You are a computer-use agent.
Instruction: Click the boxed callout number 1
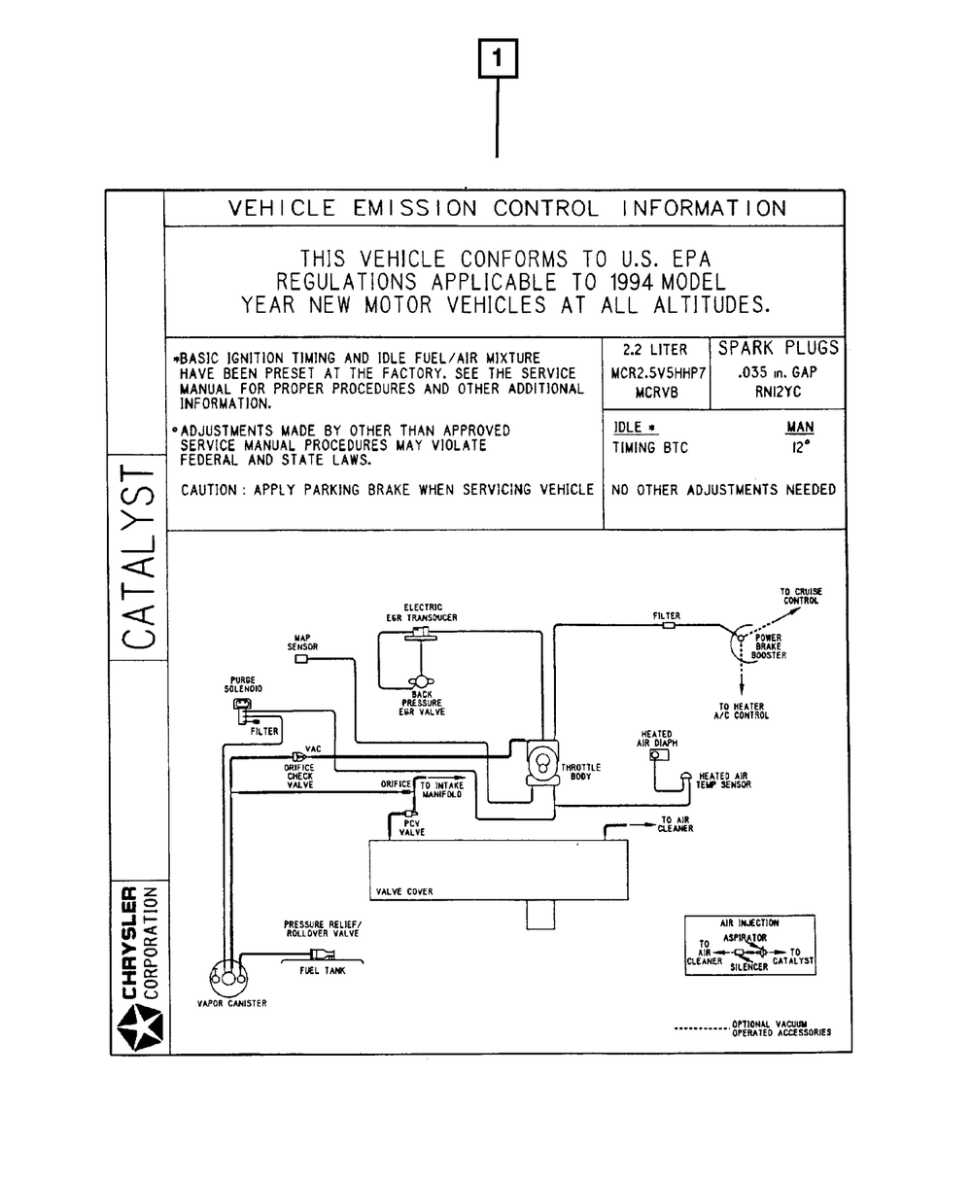[x=499, y=59]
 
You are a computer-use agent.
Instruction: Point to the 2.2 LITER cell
[x=655, y=350]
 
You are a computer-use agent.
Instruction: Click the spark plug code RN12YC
[x=777, y=393]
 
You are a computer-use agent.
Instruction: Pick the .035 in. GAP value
[x=778, y=372]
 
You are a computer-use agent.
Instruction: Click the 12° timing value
[x=800, y=449]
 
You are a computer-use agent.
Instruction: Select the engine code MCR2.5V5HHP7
[x=657, y=372]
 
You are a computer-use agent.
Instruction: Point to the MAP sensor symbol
[x=301, y=659]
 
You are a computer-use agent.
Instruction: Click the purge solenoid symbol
[x=242, y=704]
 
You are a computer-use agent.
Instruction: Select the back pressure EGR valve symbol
[x=422, y=680]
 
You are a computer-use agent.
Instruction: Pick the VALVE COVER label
[x=404, y=891]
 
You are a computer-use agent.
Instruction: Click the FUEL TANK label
[x=321, y=970]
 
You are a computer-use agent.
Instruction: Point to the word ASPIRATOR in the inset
[x=745, y=938]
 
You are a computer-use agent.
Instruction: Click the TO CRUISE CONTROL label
[x=800, y=596]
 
